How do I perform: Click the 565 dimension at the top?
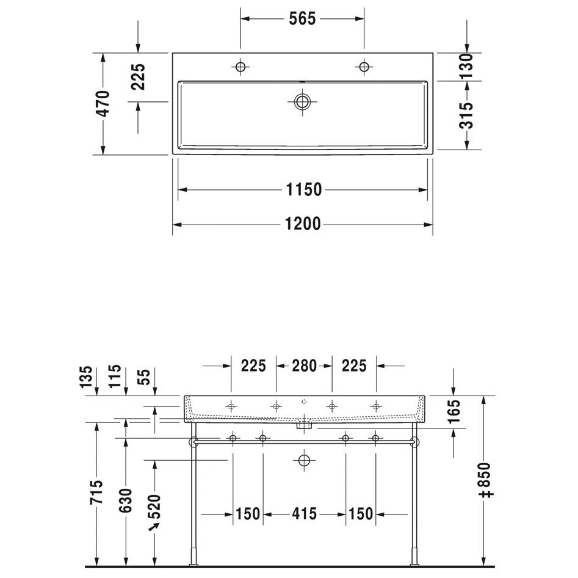click(x=302, y=19)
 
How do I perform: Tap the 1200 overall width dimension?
click(x=303, y=224)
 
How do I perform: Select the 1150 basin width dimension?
click(x=304, y=190)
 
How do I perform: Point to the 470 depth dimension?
click(x=104, y=104)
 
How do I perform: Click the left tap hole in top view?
click(x=240, y=67)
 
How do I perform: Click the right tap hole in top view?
click(x=364, y=67)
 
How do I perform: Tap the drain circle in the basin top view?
click(x=302, y=102)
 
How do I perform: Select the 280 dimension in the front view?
click(x=304, y=366)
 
